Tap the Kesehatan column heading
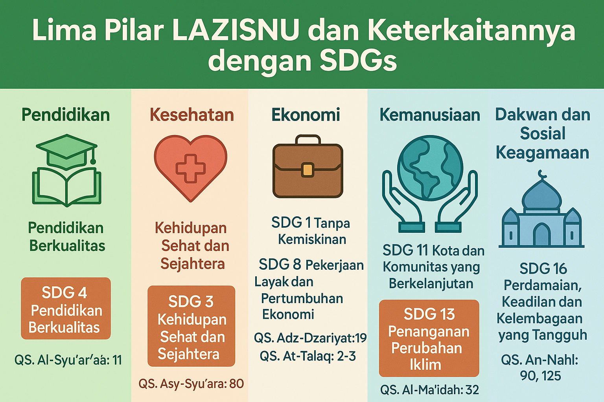pos(192,115)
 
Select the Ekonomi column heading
pos(306,115)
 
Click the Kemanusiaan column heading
pos(429,115)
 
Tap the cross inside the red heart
pos(191,168)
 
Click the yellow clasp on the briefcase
pos(308,170)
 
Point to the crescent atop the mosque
pos(542,173)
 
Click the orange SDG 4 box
pos(66,309)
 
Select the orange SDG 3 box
pos(191,326)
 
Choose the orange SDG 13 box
pos(429,338)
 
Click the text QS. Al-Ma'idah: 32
pos(429,390)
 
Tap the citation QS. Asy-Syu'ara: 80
pos(191,384)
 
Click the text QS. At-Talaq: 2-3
pos(308,356)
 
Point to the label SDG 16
pos(543,269)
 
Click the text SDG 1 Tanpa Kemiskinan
pos(311,231)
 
